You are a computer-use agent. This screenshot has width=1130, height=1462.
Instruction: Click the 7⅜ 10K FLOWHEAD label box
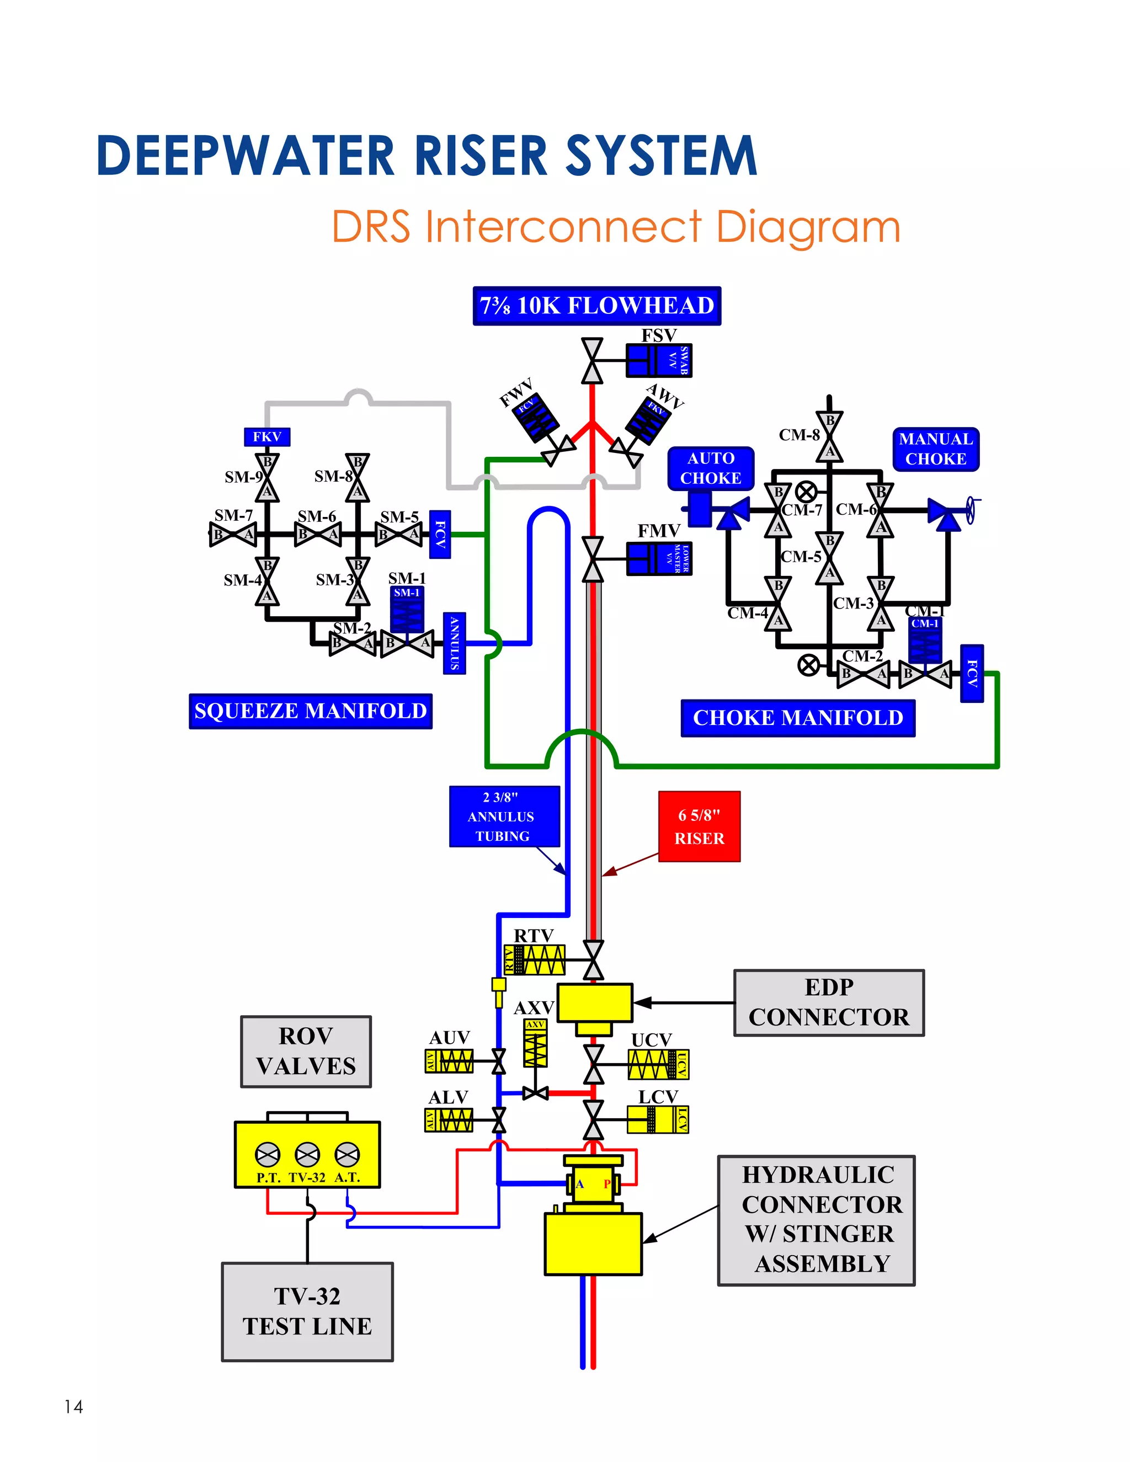tap(596, 306)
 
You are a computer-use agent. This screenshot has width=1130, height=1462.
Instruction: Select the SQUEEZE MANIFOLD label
tap(310, 711)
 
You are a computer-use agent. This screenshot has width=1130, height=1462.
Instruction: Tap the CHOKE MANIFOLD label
tap(797, 718)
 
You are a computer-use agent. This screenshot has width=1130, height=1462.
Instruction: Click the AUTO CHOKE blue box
tap(710, 468)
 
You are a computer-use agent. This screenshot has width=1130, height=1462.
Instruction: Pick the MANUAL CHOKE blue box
tap(935, 449)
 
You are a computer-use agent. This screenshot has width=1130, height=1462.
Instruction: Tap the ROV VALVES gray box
tap(306, 1051)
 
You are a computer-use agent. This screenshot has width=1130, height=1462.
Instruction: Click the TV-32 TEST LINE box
tap(307, 1311)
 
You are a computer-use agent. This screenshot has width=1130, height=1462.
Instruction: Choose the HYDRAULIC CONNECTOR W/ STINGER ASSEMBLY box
tap(816, 1220)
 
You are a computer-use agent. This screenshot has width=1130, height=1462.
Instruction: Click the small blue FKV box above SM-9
tap(266, 437)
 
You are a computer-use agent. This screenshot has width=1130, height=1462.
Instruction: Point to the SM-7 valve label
tap(233, 515)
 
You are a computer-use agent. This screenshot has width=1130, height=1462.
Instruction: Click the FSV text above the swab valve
tap(659, 335)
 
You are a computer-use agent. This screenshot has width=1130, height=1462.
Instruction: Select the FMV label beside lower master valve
tap(659, 531)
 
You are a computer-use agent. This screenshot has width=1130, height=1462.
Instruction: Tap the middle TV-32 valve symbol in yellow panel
tap(307, 1154)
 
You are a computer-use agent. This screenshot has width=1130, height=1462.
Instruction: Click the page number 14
tap(73, 1406)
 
